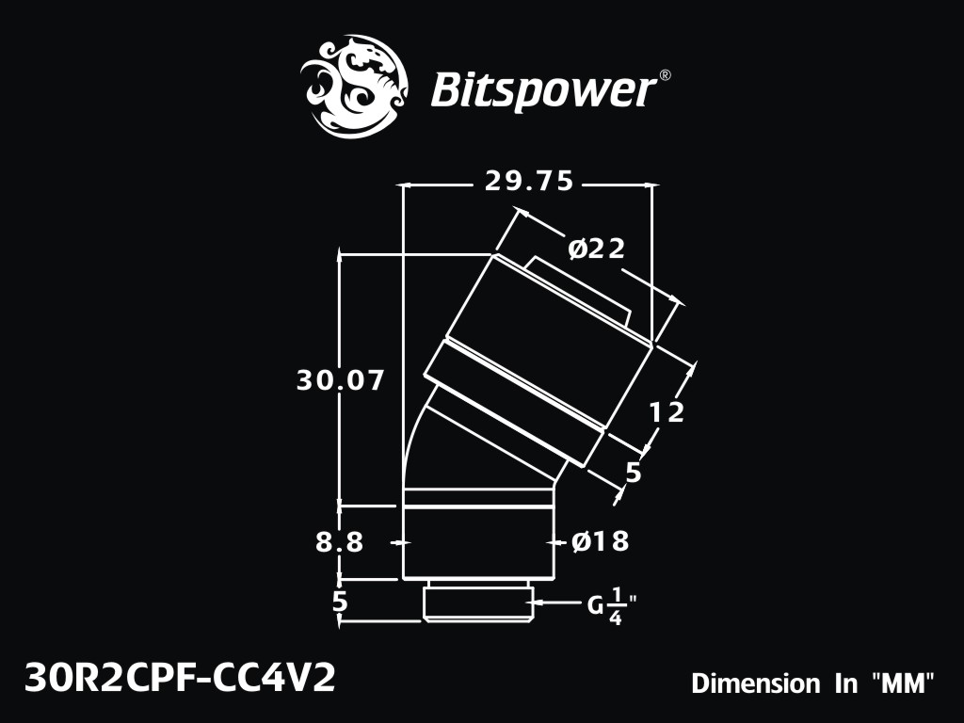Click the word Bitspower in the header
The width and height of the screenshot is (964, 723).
pos(542,90)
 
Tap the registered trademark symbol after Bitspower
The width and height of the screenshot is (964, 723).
pos(665,75)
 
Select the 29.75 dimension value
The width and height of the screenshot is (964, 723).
pos(529,182)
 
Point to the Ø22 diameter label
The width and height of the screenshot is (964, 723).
pos(596,249)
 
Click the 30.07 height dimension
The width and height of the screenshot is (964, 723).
pos(340,380)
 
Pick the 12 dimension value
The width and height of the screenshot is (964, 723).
pos(667,412)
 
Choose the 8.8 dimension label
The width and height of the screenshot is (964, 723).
pos(340,542)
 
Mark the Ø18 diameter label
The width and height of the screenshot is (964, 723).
pos(601,541)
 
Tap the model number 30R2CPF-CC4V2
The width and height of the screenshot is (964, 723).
pos(180,679)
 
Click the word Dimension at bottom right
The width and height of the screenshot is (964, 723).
pos(756,683)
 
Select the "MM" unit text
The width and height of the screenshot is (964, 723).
pos(903,683)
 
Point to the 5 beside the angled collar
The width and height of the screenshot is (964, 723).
pos(634,473)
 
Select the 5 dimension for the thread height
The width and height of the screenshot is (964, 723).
pos(340,602)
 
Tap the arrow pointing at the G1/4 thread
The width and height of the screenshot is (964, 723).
pos(556,602)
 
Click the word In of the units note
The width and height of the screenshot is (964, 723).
pos(846,683)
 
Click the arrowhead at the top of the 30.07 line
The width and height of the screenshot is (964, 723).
pos(340,254)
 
